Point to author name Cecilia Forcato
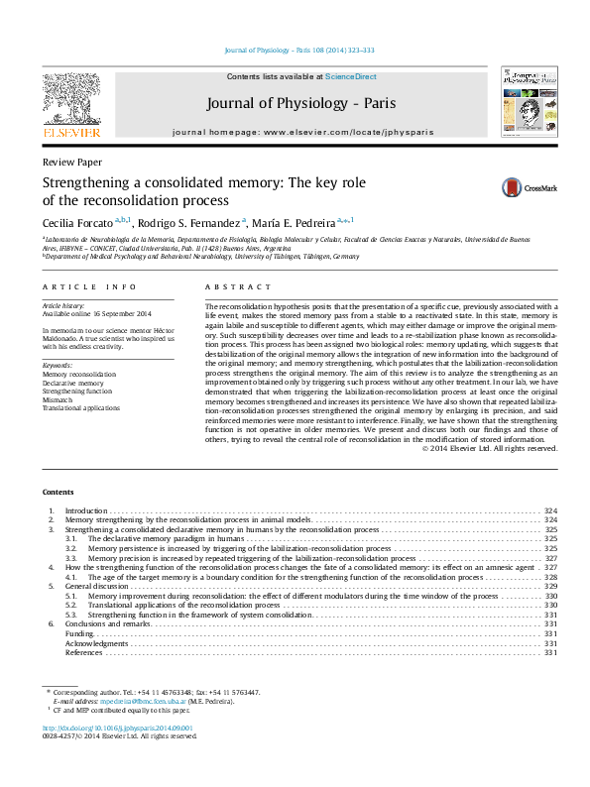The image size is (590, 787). point(77,222)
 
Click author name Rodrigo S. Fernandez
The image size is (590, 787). point(185,222)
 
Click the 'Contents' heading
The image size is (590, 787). point(58,493)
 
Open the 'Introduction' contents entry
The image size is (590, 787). point(86,510)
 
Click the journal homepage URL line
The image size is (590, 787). point(304,131)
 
